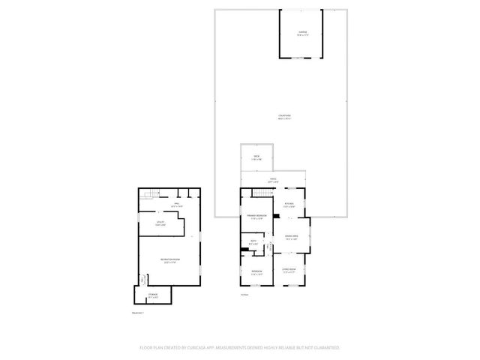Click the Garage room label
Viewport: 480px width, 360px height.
[x=303, y=32]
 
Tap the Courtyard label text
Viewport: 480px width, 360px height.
[x=283, y=116]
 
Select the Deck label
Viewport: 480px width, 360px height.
[x=256, y=157]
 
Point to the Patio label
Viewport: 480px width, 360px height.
[x=273, y=180]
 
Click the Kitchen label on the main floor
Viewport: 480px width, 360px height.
[x=289, y=205]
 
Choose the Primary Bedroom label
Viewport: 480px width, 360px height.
[x=258, y=217]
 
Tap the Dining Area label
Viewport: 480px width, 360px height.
[x=291, y=238]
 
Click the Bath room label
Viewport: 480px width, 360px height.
[x=253, y=242]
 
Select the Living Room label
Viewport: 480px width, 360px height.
[x=289, y=270]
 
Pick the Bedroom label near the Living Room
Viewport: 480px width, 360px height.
[x=256, y=271]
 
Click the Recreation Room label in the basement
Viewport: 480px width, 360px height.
[x=169, y=261]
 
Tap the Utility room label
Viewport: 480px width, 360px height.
[x=160, y=223]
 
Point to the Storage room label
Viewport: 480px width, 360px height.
[x=153, y=295]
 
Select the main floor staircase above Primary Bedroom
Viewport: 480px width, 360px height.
[x=259, y=194]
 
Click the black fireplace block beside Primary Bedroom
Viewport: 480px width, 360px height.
[x=277, y=217]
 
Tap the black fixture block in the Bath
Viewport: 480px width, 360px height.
[x=250, y=249]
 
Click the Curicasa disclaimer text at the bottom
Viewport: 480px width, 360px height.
[x=240, y=348]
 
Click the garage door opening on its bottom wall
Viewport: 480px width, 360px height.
[x=303, y=57]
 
